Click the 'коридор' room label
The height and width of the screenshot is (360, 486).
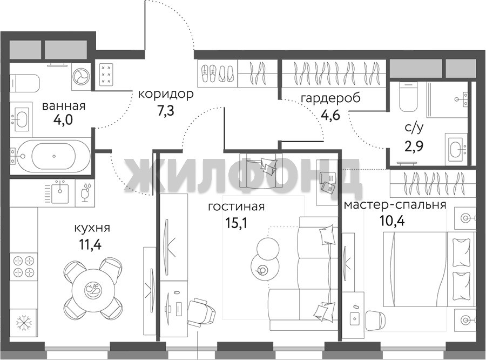pyautogui.click(x=166, y=94)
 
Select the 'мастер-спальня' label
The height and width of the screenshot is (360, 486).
pyautogui.click(x=395, y=205)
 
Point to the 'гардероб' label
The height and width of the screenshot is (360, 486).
pyautogui.click(x=330, y=98)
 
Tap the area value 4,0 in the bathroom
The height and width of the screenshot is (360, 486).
pyautogui.click(x=63, y=119)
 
